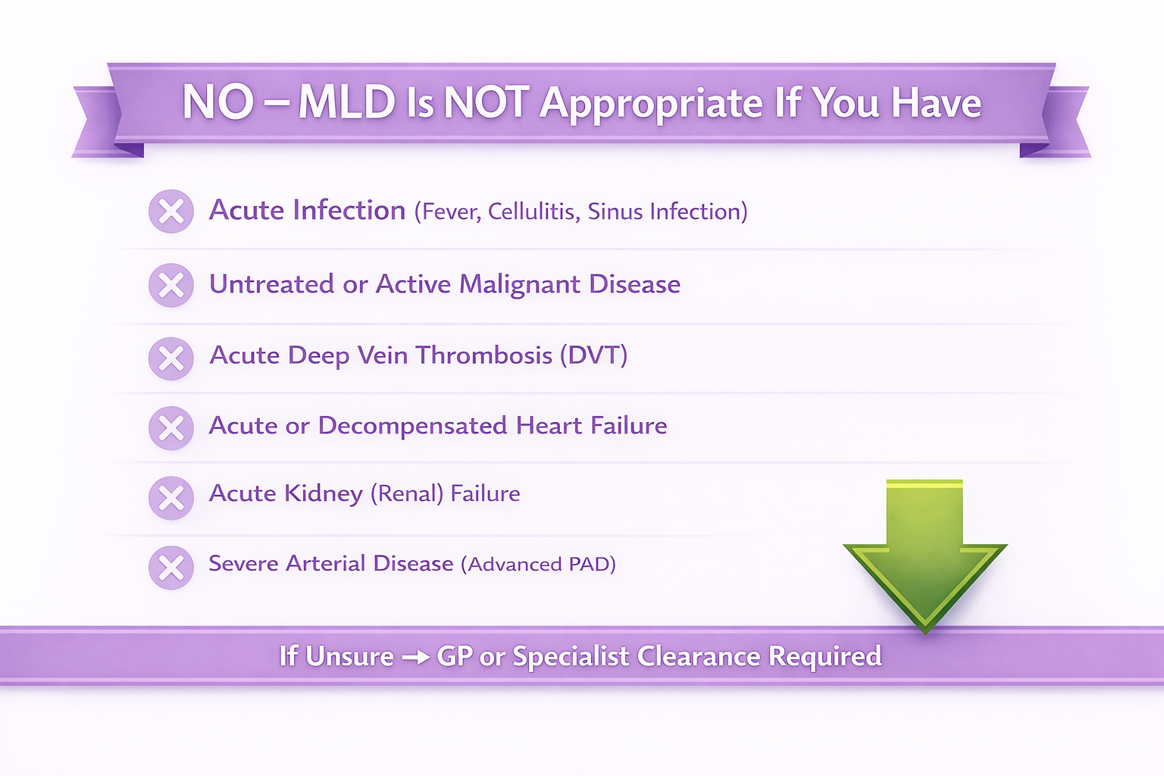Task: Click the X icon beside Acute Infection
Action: pos(171,211)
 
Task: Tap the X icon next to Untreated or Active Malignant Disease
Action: pos(171,285)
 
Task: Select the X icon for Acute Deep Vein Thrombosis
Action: pos(171,358)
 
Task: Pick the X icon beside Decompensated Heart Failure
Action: pos(171,427)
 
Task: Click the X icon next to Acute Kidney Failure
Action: pos(171,498)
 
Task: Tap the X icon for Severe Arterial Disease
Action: pos(171,568)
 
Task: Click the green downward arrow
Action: pos(925,556)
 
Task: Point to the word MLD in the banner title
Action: pos(346,102)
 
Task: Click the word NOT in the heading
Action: pos(487,102)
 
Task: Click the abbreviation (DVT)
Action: pos(593,355)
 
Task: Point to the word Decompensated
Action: pos(412,426)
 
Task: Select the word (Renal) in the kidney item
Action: pos(407,494)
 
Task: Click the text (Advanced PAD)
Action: pos(538,565)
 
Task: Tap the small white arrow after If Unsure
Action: pos(416,657)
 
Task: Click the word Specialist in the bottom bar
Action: pos(571,657)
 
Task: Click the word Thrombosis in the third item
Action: pos(483,355)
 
